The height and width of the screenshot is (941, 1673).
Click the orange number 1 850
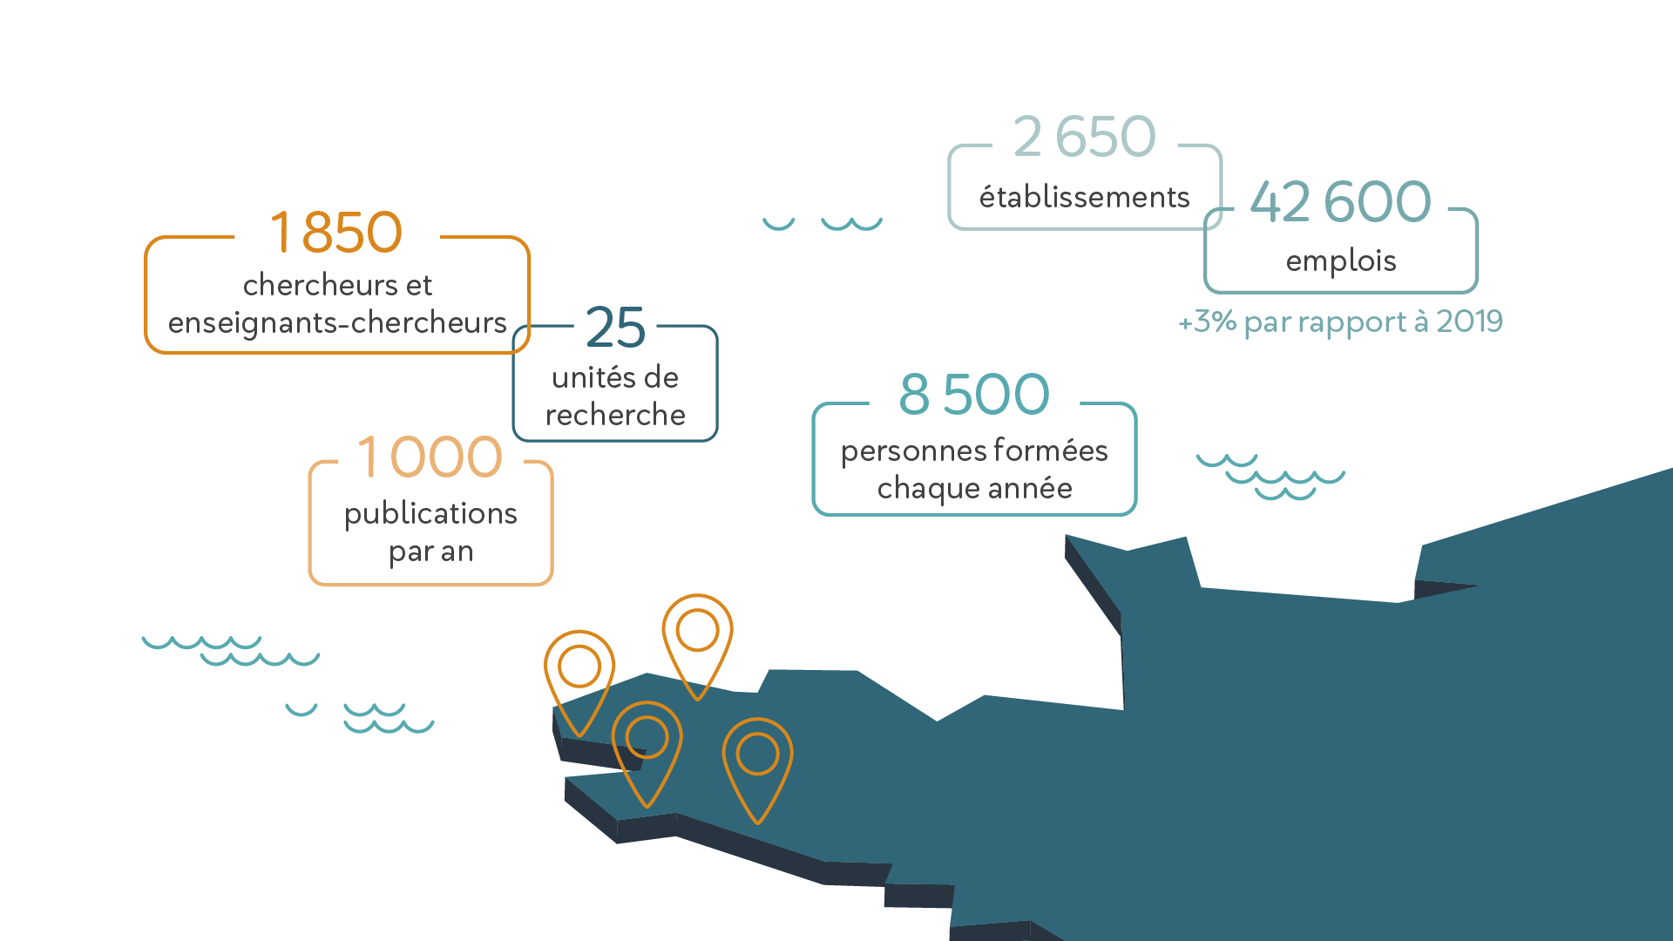tap(336, 233)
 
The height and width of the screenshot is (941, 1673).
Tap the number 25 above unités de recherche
tap(615, 328)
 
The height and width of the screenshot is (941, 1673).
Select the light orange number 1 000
tap(430, 457)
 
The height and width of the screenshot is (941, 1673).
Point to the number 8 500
tap(974, 394)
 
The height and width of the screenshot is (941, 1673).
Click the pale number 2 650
tap(1085, 137)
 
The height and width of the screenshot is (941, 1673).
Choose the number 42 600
tap(1341, 202)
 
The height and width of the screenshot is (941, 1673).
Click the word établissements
tap(1085, 197)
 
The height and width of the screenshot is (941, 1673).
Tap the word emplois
tap(1341, 261)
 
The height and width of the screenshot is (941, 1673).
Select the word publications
tap(430, 514)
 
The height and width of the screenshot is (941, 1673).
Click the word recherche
tap(615, 415)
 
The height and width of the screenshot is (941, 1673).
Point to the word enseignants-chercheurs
tap(337, 322)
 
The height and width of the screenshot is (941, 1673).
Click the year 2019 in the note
tap(1469, 322)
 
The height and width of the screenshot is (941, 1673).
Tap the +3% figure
tap(1207, 322)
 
